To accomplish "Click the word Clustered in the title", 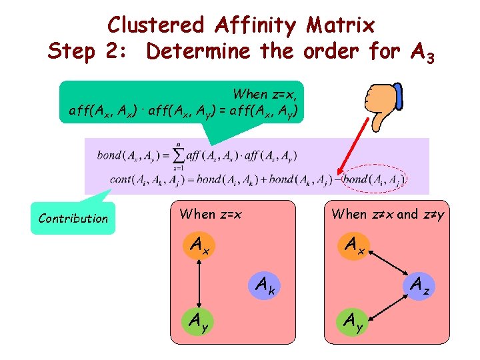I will point(155,25).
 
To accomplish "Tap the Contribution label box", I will point(73,219).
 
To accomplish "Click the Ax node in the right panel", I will point(355,245).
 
